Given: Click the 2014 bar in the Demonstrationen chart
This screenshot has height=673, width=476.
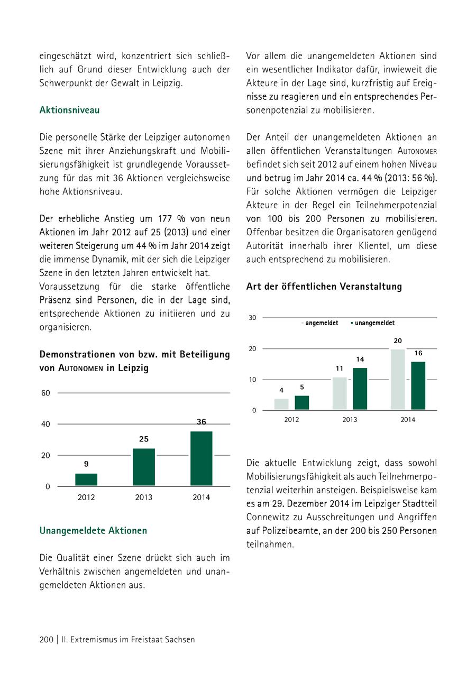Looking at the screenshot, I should (201, 458).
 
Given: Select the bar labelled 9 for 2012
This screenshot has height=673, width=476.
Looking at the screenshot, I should (86, 480).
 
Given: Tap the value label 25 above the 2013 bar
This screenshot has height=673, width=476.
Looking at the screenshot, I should (143, 439).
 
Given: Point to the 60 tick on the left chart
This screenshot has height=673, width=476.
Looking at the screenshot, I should (46, 393).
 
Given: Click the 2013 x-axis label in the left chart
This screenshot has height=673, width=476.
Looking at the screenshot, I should (143, 497).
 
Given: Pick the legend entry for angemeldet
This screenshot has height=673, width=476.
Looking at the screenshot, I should (319, 323).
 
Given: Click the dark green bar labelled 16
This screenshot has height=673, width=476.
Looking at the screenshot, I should (418, 385).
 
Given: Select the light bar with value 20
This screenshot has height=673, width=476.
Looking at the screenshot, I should (398, 379).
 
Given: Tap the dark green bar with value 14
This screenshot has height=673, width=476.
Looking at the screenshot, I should (360, 389).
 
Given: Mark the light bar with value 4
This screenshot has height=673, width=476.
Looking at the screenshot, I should (281, 404).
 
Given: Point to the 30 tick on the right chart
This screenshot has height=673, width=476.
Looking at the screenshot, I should (252, 318).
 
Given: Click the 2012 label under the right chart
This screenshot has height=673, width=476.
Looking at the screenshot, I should (291, 420).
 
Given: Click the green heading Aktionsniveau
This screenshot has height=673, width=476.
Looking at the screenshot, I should (69, 110).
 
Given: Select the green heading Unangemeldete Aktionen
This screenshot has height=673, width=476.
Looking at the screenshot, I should (93, 530).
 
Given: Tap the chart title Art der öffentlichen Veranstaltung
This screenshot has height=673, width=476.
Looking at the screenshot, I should (324, 287).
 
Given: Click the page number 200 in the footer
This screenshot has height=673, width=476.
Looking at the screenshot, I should (47, 640).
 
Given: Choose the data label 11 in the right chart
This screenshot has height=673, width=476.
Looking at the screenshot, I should (340, 368).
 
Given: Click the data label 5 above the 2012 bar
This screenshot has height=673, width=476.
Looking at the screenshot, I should (301, 388).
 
